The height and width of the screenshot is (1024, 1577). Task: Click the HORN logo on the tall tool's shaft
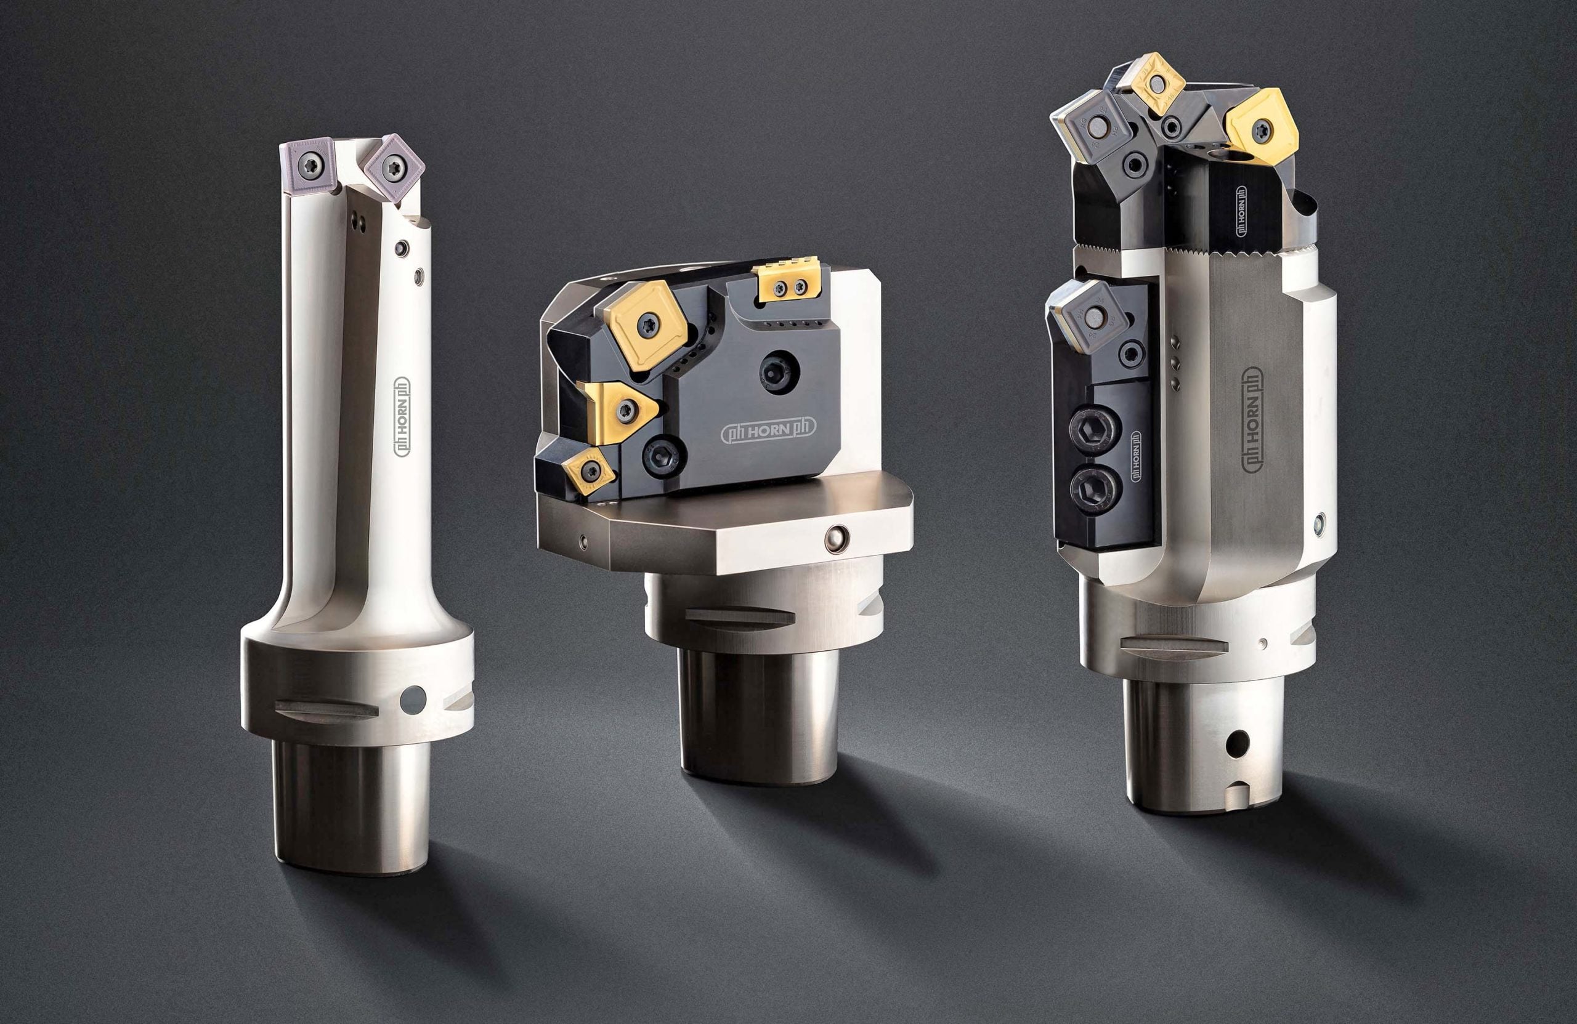pyautogui.click(x=402, y=417)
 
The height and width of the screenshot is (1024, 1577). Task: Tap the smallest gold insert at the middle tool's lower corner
pyautogui.click(x=588, y=471)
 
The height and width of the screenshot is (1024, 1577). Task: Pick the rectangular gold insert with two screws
pyautogui.click(x=790, y=283)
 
